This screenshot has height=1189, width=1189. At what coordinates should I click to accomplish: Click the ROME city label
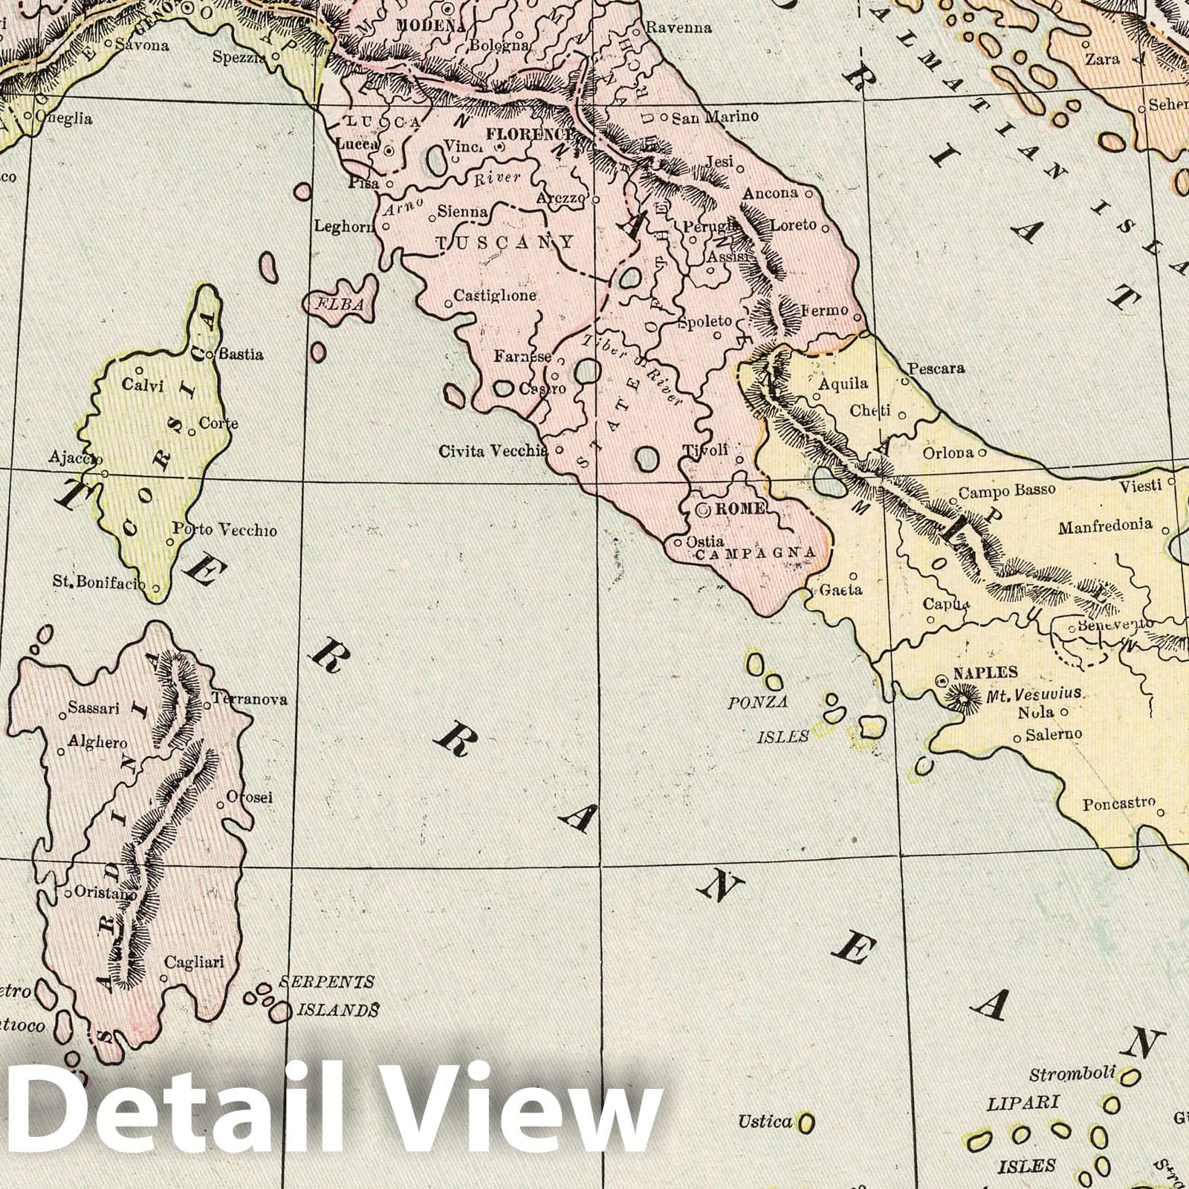pyautogui.click(x=739, y=510)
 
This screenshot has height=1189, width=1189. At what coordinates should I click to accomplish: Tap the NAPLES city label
pyautogui.click(x=985, y=673)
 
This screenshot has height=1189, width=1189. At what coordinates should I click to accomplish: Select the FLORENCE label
pyautogui.click(x=529, y=135)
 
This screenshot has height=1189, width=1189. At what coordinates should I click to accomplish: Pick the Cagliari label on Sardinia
pyautogui.click(x=194, y=962)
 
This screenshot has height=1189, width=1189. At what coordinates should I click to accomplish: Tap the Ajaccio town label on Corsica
pyautogui.click(x=74, y=458)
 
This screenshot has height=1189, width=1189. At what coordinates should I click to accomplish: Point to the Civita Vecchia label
pyautogui.click(x=493, y=450)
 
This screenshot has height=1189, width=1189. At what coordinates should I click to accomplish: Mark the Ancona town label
pyautogui.click(x=771, y=193)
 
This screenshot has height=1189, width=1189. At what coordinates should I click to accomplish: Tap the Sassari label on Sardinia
pyautogui.click(x=94, y=708)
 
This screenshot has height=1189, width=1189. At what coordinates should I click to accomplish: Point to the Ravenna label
pyautogui.click(x=678, y=28)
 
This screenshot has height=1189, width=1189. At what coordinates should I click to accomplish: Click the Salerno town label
pyautogui.click(x=1054, y=734)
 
